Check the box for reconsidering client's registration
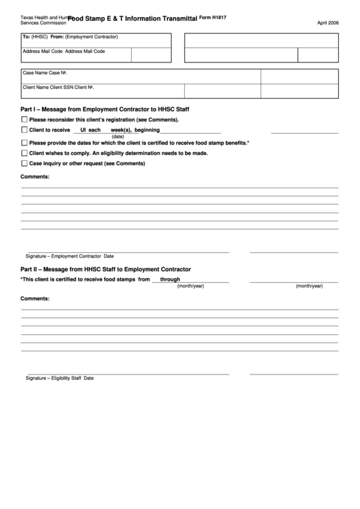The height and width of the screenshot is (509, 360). pyautogui.click(x=24, y=119)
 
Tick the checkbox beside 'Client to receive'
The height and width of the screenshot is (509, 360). pyautogui.click(x=24, y=130)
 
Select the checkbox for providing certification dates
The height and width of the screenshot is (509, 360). pyautogui.click(x=24, y=143)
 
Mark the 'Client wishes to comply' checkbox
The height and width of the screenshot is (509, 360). pyautogui.click(x=24, y=153)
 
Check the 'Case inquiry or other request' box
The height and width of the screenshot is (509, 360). pyautogui.click(x=24, y=163)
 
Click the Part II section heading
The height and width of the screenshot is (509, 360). pyautogui.click(x=105, y=269)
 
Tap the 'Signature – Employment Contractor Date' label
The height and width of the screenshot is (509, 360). pyautogui.click(x=69, y=256)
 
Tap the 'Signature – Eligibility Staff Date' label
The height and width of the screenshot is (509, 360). pyautogui.click(x=60, y=378)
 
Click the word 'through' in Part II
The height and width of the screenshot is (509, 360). pyautogui.click(x=170, y=279)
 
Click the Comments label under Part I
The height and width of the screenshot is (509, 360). pyautogui.click(x=35, y=177)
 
